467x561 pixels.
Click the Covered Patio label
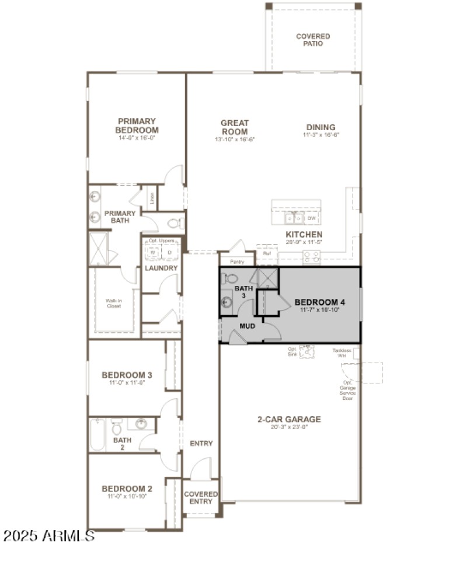coord(313,40)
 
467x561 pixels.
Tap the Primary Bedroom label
coord(137,126)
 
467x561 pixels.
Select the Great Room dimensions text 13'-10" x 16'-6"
coord(235,139)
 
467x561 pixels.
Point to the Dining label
coord(321,127)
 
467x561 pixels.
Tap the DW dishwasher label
coord(312,218)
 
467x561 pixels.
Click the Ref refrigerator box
coord(266,254)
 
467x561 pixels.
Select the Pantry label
coord(237,262)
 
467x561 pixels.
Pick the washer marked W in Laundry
coord(153,253)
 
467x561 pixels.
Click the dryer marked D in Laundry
coord(169,253)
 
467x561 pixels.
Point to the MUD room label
coord(248,326)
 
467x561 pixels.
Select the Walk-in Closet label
coord(113,304)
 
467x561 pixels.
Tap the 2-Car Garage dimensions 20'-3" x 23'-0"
coord(290,427)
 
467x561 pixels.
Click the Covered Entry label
coord(201,497)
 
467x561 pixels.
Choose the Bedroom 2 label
coord(127,489)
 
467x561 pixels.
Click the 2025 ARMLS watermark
coord(48,535)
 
